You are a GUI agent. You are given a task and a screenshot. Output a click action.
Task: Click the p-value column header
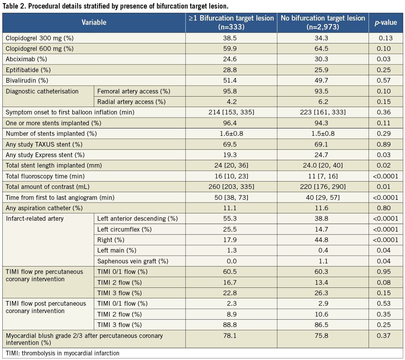point(385,22)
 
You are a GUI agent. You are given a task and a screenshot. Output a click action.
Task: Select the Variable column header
point(94,22)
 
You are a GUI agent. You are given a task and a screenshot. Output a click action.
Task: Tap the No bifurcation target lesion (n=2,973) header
point(322,22)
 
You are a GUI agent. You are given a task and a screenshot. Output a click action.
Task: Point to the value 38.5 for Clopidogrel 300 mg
point(231,38)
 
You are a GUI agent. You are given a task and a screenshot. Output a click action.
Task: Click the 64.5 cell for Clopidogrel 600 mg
point(322,49)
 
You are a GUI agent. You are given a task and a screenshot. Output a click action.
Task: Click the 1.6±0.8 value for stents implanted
point(231,134)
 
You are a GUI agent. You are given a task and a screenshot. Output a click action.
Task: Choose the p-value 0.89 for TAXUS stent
point(385,144)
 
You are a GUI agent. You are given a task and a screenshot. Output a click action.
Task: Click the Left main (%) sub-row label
point(116,251)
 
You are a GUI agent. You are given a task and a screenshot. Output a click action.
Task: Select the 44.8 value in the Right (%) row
point(322,240)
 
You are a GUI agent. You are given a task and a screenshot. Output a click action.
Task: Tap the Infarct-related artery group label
point(35,219)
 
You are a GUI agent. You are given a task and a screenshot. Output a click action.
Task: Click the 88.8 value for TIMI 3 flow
point(231,325)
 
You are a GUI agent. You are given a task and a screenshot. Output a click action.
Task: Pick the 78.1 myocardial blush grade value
point(231,336)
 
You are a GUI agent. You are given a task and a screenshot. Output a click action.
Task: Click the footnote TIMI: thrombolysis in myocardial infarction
point(62,353)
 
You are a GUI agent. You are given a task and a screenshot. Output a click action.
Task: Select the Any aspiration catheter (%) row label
point(44,208)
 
